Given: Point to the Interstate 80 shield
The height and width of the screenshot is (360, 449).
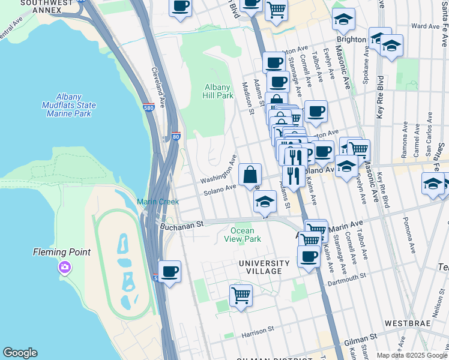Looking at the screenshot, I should pos(176,137).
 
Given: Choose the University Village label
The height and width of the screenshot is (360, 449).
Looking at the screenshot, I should pos(260,267).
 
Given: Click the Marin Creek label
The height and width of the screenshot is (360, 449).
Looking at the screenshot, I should pos(157,202).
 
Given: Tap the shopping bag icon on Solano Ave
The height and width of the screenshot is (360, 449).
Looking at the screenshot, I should pos(250,175).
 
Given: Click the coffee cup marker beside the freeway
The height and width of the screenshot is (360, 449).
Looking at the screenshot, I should pos(170,272).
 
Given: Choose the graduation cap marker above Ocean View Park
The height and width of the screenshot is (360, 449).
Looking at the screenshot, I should pos(264,202).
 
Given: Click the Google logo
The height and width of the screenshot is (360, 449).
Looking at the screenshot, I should pos(20,353).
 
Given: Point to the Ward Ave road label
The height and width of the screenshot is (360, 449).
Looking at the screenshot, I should pos(426,26).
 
